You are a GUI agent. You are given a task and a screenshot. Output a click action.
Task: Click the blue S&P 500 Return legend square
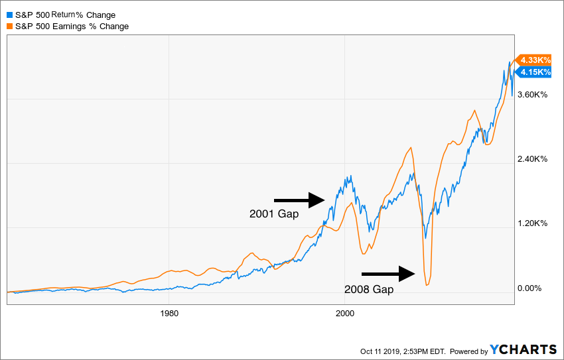9,15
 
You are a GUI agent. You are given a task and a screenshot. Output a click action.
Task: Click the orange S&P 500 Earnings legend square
9,26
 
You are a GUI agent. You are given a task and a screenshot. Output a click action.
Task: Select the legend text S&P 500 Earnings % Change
72,26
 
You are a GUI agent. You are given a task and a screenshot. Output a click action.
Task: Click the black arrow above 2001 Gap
299,199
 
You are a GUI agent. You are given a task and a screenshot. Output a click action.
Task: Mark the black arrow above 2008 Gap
388,272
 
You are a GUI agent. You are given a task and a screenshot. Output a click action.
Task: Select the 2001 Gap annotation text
274,214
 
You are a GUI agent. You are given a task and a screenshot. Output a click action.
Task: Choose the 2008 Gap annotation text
369,289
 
